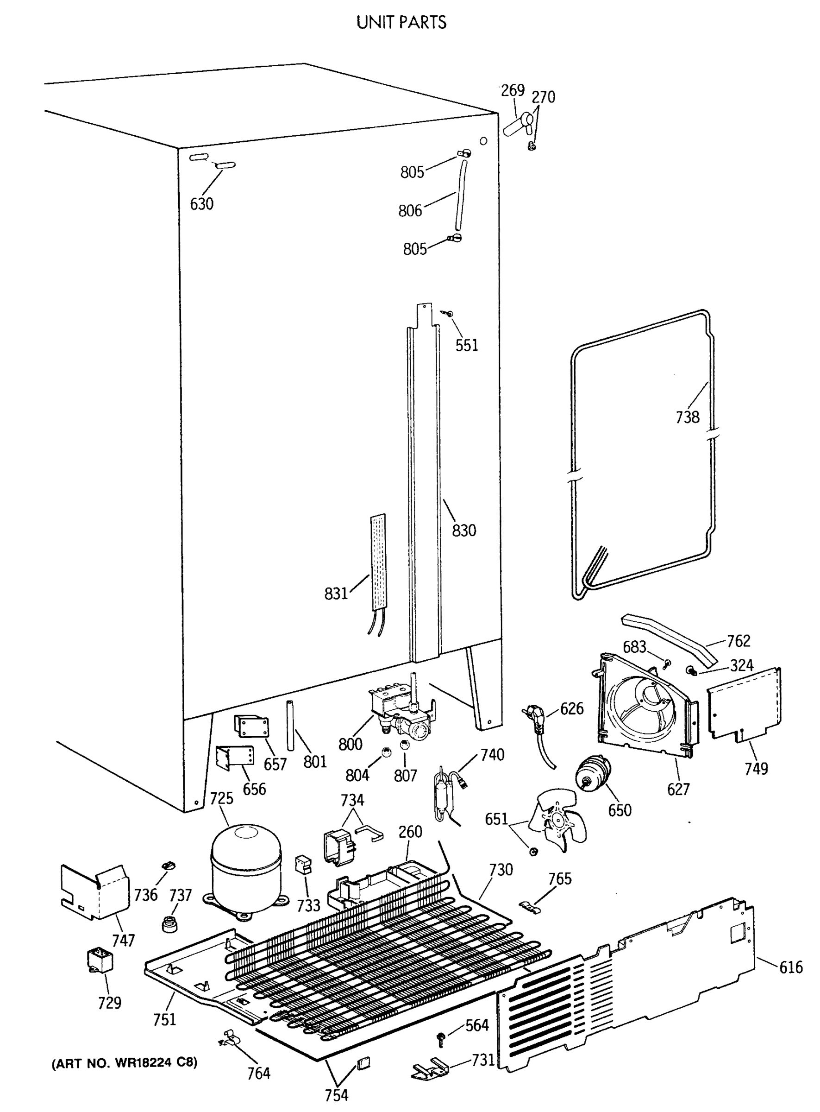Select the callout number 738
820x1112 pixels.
click(687, 417)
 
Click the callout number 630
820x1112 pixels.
click(202, 203)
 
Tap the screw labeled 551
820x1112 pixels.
click(449, 313)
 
